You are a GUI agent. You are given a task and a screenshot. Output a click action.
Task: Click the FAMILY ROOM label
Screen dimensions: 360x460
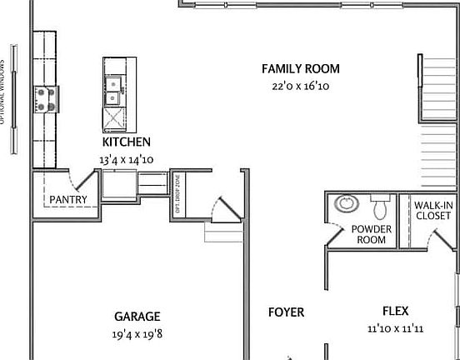[x=300, y=69]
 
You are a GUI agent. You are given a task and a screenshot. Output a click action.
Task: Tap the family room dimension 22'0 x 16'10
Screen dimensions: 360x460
[x=300, y=85]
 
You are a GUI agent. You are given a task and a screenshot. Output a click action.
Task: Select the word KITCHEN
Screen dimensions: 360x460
[x=126, y=142]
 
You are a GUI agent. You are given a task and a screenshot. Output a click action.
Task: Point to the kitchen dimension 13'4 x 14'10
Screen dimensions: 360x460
[x=126, y=158]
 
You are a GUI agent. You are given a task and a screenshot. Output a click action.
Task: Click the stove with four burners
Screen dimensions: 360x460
[x=45, y=99]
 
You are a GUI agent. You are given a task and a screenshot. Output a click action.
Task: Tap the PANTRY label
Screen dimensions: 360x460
[x=68, y=199]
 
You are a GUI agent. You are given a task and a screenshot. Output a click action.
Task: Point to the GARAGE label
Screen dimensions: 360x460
[x=137, y=317]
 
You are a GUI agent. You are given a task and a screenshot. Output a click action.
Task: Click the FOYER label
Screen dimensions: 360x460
[x=286, y=312]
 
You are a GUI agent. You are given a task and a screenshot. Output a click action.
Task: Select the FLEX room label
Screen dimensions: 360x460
[x=395, y=312]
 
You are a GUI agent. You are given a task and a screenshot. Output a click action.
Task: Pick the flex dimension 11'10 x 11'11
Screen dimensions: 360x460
[x=395, y=329]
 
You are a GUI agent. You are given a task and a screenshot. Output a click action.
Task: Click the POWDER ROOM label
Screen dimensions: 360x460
[x=371, y=234]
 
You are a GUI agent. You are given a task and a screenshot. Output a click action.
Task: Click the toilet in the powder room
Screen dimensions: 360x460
[x=381, y=204]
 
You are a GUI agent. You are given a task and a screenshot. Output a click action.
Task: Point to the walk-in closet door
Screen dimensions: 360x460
[x=438, y=240]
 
